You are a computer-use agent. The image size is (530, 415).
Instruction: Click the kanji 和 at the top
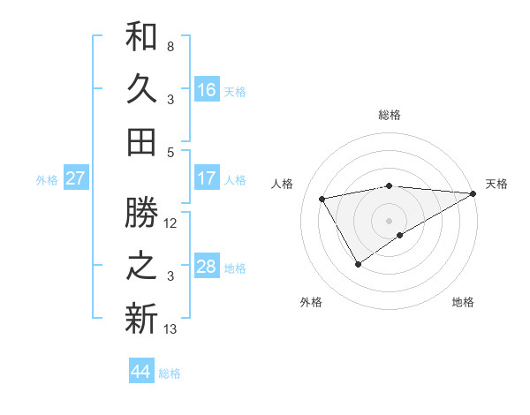tap(141, 37)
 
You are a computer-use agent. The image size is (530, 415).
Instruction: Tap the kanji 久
tap(141, 89)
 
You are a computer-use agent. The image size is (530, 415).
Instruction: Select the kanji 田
tap(141, 141)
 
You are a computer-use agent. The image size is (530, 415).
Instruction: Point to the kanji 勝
tap(141, 213)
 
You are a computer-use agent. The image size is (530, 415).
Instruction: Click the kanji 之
tap(141, 266)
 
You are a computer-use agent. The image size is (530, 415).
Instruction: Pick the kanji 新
tap(141, 319)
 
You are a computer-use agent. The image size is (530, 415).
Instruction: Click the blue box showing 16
tap(207, 89)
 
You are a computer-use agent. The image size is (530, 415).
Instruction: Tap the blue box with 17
tap(207, 178)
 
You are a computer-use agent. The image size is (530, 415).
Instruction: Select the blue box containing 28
tap(207, 267)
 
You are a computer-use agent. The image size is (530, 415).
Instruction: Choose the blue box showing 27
tap(76, 178)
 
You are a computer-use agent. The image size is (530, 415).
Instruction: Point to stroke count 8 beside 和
tap(170, 46)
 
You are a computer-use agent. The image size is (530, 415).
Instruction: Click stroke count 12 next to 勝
tap(171, 223)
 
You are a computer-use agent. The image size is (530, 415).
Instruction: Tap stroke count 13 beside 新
tap(170, 329)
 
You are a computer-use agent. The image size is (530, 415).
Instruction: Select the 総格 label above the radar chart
tap(390, 115)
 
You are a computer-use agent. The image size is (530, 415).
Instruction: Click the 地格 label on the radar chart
tap(463, 303)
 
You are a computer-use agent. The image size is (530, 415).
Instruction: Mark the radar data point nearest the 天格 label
tap(473, 193)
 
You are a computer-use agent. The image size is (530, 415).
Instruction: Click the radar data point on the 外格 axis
tap(358, 264)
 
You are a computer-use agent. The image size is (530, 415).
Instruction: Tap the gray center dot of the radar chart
tap(389, 220)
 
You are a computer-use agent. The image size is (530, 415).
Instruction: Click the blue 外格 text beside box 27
tap(47, 180)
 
